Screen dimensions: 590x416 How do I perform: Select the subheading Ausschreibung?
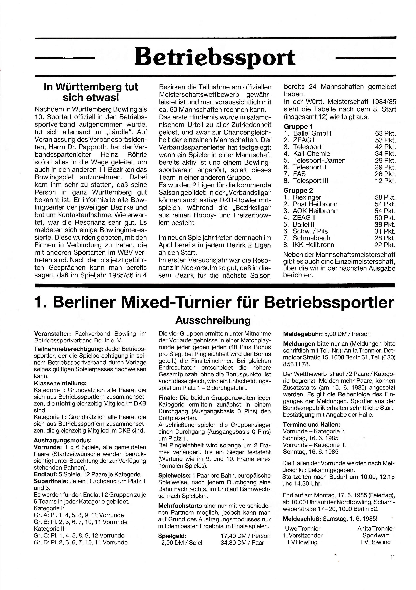pyautogui.click(x=213, y=320)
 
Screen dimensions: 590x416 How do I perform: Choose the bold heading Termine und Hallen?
pyautogui.click(x=311, y=425)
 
